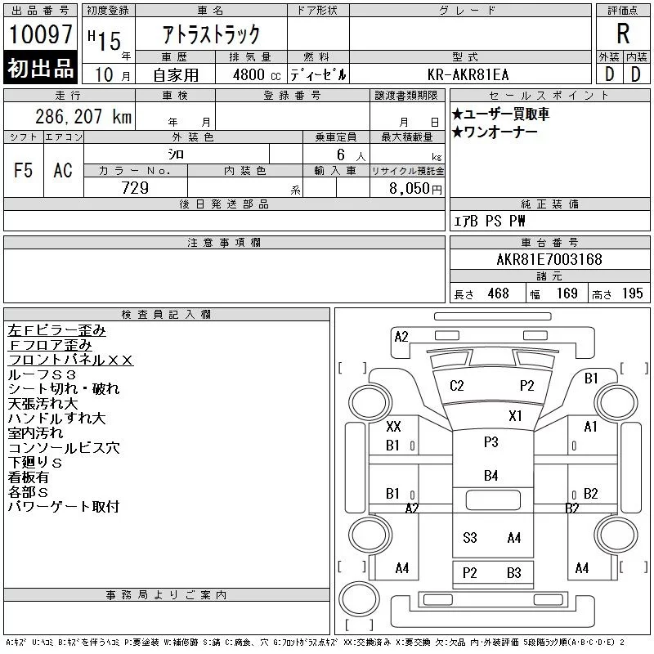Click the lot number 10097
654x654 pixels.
40,34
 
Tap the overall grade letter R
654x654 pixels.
623,34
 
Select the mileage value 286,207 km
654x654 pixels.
83,117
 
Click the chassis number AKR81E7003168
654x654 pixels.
549,259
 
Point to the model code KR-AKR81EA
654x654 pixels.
468,74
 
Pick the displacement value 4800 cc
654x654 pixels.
257,75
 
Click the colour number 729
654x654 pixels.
135,188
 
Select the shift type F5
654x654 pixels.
24,170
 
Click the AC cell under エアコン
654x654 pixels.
63,170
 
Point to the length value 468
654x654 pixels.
498,293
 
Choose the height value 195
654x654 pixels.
632,293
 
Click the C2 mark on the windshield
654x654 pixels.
457,385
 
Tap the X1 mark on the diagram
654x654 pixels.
515,416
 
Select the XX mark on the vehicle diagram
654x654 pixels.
393,426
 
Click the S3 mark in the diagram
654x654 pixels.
469,538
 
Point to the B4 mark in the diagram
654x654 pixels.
491,476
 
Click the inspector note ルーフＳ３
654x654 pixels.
42,374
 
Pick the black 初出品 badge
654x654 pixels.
40,67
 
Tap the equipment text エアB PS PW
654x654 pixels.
489,221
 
